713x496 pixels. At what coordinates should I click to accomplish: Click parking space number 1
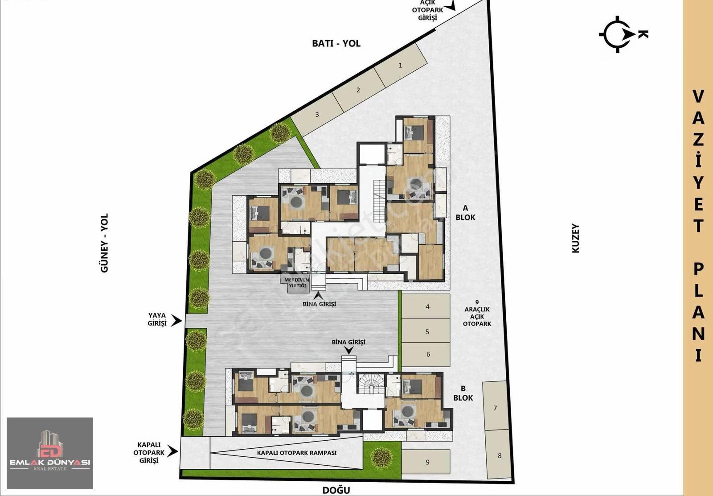pos(401,65)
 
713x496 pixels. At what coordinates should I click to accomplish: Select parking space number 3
pos(317,114)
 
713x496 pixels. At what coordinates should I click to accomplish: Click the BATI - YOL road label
pos(336,43)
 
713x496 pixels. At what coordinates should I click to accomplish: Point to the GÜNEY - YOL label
pos(104,243)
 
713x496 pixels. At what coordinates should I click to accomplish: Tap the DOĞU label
pos(336,490)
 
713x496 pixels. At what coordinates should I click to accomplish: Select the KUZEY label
pos(575,238)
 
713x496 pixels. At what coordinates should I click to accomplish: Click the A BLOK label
pos(465,213)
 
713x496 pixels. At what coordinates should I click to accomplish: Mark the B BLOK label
pos(463,393)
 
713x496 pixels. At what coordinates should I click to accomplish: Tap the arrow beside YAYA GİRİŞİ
pos(176,320)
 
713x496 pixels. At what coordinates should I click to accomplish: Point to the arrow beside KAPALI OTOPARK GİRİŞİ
pos(172,451)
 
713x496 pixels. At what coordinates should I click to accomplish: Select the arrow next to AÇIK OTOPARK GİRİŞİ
pos(451,5)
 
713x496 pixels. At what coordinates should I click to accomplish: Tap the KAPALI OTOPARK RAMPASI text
pos(297,453)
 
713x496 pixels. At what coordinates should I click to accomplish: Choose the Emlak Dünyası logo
pos(50,453)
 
